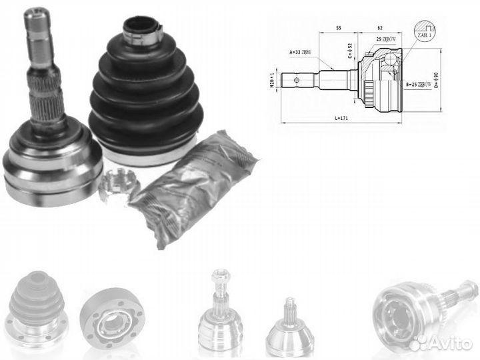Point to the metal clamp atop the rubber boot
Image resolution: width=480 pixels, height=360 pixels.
[x=142, y=29]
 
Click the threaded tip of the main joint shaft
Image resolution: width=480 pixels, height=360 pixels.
[x=37, y=23]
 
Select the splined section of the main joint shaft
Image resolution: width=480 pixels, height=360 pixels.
[x=46, y=100]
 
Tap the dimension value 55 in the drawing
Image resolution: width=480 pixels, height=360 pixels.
[x=339, y=29]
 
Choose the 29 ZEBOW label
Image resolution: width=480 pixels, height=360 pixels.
[x=387, y=42]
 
